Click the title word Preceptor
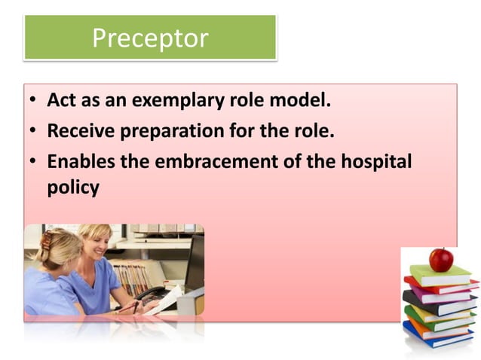150,37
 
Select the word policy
73,187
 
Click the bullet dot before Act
34,101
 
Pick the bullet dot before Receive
34,132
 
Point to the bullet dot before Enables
34,162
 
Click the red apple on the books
441,259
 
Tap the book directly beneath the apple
440,276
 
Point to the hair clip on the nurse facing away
47,240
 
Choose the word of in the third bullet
290,161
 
